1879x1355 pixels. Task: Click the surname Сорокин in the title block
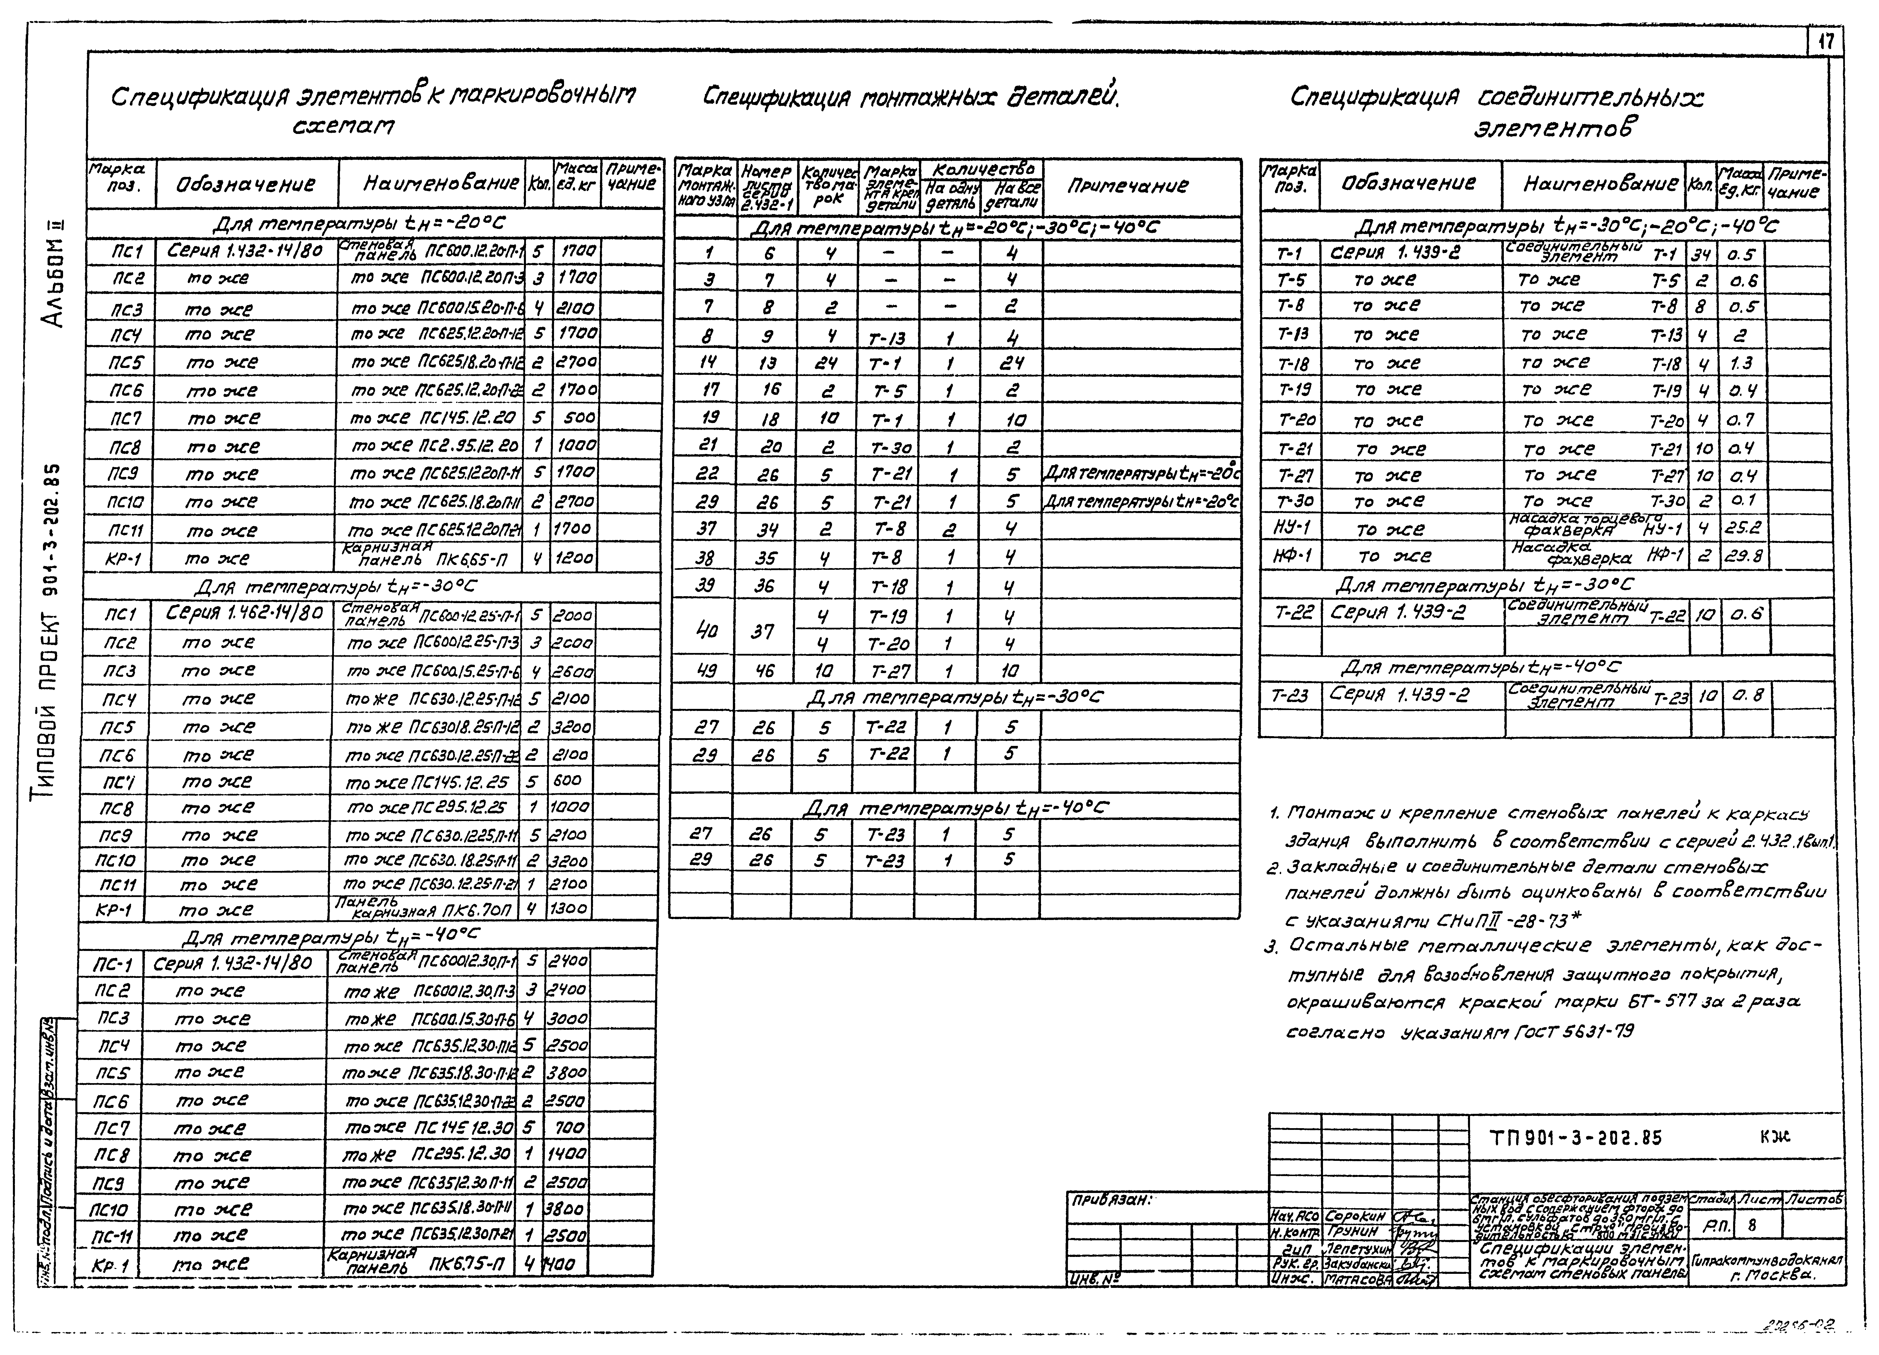click(1355, 1216)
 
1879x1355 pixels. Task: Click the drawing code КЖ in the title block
click(1776, 1138)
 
